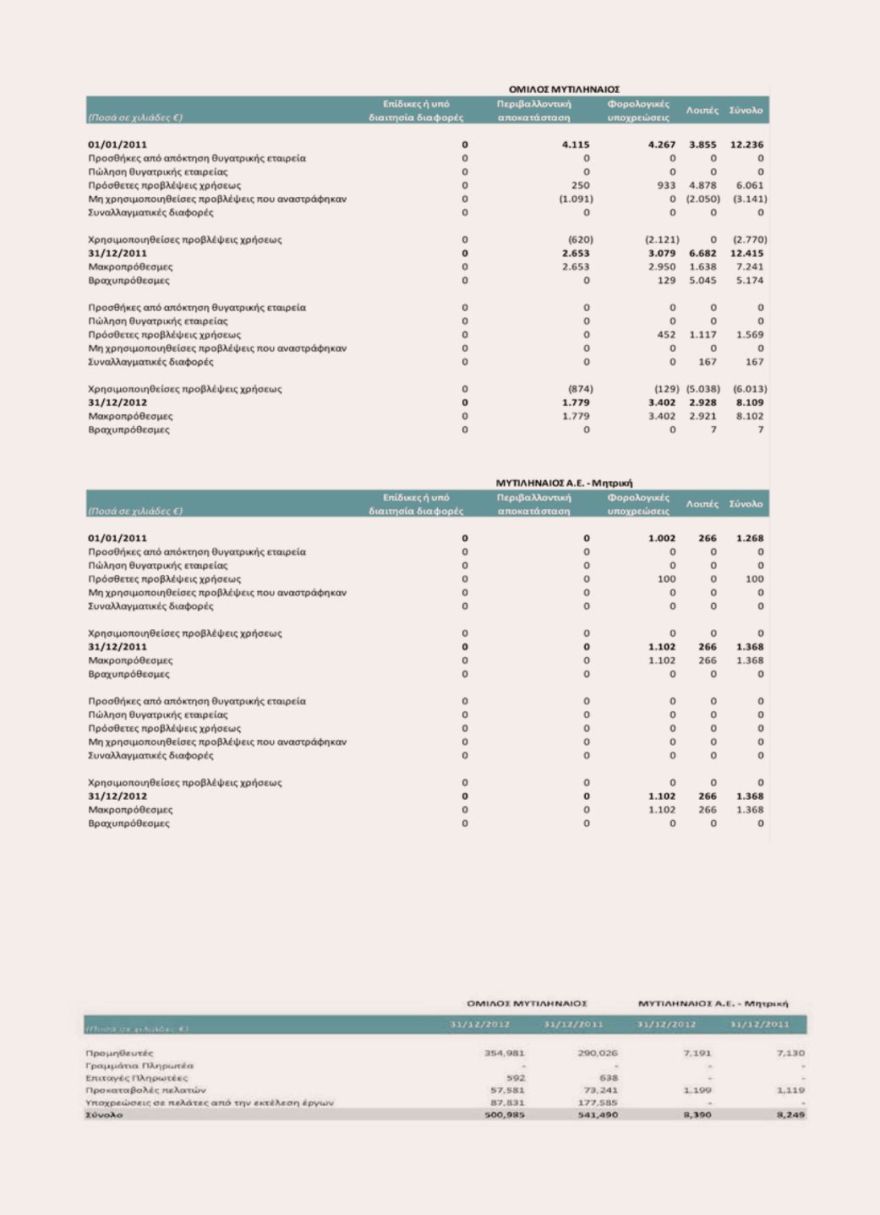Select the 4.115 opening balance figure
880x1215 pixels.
click(x=576, y=145)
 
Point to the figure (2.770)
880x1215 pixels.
click(x=749, y=240)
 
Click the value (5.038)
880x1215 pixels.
click(x=702, y=390)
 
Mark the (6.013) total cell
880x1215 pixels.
click(x=749, y=390)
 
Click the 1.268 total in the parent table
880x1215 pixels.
click(x=749, y=539)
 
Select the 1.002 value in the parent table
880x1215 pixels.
click(x=662, y=539)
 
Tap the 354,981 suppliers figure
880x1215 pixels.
click(x=505, y=1054)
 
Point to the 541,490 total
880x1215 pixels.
click(x=598, y=1115)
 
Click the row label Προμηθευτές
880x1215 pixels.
click(x=119, y=1054)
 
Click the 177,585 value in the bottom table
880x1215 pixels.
click(x=598, y=1103)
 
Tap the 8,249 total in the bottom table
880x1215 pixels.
click(x=790, y=1115)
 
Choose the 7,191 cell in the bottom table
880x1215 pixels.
click(x=697, y=1054)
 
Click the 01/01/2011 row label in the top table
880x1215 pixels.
click(x=118, y=145)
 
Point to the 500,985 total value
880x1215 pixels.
click(x=505, y=1115)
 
